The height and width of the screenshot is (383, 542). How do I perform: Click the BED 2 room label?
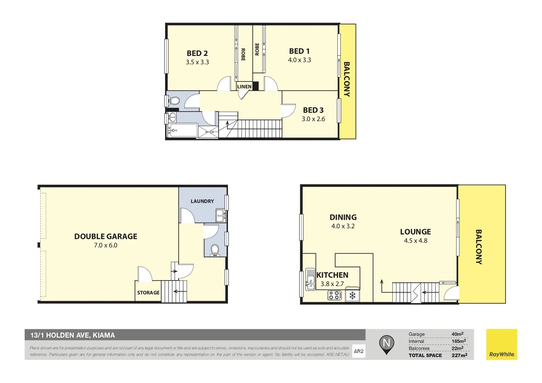[x=197, y=53]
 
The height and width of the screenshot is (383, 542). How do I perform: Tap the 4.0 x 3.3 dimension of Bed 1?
[x=299, y=60]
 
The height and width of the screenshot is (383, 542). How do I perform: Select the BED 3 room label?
[x=313, y=110]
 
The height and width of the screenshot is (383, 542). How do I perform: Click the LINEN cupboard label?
[x=244, y=87]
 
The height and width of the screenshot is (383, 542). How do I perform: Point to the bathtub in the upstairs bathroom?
[x=183, y=131]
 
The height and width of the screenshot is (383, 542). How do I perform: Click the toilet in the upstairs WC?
[x=174, y=101]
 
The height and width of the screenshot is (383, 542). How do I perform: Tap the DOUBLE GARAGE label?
[x=105, y=237]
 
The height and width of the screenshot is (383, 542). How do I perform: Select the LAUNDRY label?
[x=202, y=201]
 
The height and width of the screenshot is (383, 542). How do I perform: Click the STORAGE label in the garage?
[x=148, y=293]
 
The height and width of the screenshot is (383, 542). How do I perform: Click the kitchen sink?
[x=310, y=279]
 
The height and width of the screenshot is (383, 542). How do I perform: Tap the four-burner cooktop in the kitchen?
[x=334, y=295]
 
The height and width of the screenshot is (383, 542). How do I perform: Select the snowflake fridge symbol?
[x=352, y=295]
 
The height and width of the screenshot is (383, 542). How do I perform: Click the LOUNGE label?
[x=415, y=232]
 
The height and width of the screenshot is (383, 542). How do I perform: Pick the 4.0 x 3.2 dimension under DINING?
[x=343, y=226]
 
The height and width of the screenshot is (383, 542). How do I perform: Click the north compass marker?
[x=386, y=344]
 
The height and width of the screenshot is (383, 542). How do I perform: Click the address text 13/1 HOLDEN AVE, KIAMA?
[x=72, y=335]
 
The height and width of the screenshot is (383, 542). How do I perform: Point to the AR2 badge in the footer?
[x=358, y=351]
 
